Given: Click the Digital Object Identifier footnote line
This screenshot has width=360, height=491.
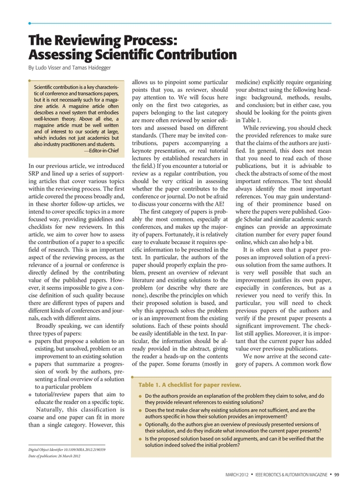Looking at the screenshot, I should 67,450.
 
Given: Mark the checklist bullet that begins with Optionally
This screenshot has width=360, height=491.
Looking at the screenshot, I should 233,428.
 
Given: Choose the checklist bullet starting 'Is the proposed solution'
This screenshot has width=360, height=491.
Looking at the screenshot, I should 233,442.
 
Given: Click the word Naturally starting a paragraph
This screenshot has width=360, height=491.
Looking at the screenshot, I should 57,408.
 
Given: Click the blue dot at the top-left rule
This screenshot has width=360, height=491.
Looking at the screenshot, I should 30,23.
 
